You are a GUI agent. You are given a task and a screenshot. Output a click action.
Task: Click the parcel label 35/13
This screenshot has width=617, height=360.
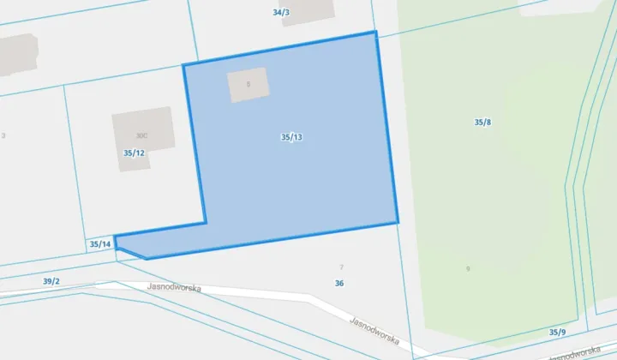[291, 137]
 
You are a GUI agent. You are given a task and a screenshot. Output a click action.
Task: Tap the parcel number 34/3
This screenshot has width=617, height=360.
[280, 13]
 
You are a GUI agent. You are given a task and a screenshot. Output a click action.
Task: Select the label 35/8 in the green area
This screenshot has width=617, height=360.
[482, 123]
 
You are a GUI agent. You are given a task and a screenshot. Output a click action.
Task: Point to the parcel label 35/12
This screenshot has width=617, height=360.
[134, 153]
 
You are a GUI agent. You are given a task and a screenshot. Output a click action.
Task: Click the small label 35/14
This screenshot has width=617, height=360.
[100, 244]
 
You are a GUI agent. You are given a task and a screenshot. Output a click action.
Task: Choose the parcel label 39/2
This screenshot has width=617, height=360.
[51, 281]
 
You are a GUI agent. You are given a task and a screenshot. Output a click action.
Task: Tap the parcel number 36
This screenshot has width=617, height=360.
[339, 284]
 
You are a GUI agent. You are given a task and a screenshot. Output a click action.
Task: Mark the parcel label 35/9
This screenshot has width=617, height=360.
[558, 332]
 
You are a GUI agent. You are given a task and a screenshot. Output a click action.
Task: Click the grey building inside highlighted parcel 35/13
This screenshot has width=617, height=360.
[248, 85]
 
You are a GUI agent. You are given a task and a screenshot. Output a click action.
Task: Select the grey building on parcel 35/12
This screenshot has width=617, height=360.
[142, 137]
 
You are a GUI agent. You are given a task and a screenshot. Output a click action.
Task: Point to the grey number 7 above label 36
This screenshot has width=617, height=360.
[341, 268]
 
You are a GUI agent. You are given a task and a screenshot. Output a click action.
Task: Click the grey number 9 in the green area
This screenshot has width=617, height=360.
[468, 269]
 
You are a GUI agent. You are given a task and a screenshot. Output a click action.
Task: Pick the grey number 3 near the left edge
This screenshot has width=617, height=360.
[3, 135]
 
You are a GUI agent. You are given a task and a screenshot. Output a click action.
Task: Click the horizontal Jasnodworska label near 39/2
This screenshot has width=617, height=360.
[174, 288]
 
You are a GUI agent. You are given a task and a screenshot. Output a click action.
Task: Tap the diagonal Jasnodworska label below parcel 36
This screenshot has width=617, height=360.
[375, 331]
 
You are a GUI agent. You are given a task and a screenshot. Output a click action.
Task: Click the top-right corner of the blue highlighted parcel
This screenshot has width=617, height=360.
[375, 33]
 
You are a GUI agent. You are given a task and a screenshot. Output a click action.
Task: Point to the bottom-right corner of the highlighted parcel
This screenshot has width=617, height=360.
[398, 223]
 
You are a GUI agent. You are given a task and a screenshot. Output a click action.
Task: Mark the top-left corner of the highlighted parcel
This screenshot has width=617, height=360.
[183, 65]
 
